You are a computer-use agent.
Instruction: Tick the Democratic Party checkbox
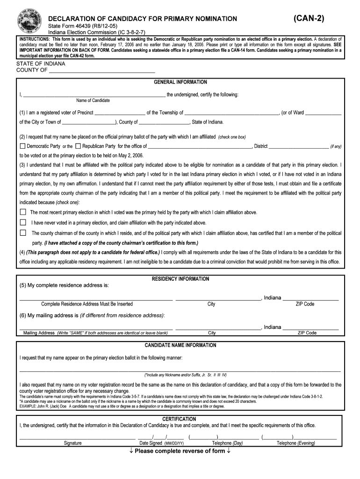pyautogui.click(x=22, y=146)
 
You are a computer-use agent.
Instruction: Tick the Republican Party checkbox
pyautogui.click(x=78, y=146)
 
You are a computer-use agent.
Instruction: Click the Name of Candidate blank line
pyautogui.click(x=94, y=94)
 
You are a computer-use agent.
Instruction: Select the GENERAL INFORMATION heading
pyautogui.click(x=180, y=82)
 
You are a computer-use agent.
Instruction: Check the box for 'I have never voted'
pyautogui.click(x=23, y=223)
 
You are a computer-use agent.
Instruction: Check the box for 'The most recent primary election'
pyautogui.click(x=23, y=212)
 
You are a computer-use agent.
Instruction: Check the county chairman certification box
pyautogui.click(x=23, y=233)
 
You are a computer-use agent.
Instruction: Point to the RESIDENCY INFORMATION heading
pyautogui.click(x=180, y=279)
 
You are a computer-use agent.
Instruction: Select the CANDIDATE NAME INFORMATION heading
pyautogui.click(x=180, y=346)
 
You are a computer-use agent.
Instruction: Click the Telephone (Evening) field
pyautogui.click(x=299, y=437)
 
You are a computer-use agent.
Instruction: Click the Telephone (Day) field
pyautogui.click(x=224, y=437)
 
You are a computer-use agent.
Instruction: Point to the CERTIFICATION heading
pyautogui.click(x=180, y=419)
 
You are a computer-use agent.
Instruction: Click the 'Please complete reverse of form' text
pyautogui.click(x=180, y=451)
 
